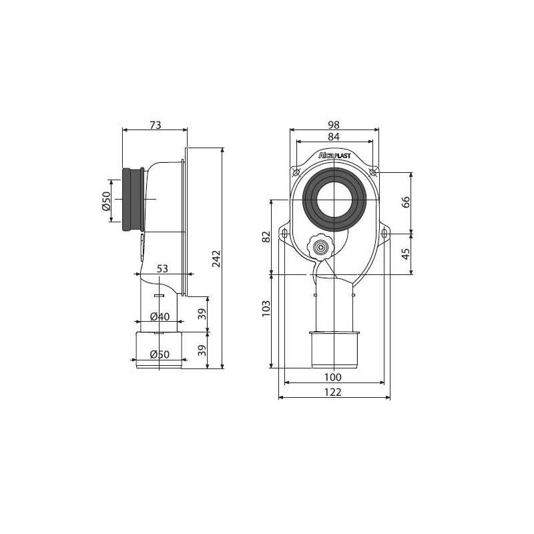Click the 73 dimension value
[x=156, y=125]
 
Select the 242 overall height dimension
[x=216, y=258]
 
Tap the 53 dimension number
[x=162, y=269]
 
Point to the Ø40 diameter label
[x=160, y=316]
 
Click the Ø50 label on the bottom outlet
[x=160, y=354]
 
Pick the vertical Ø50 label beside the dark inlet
[x=107, y=201]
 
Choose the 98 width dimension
[x=334, y=125]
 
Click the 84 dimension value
[x=334, y=137]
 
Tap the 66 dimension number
[x=406, y=202]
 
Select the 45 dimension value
[x=406, y=254]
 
